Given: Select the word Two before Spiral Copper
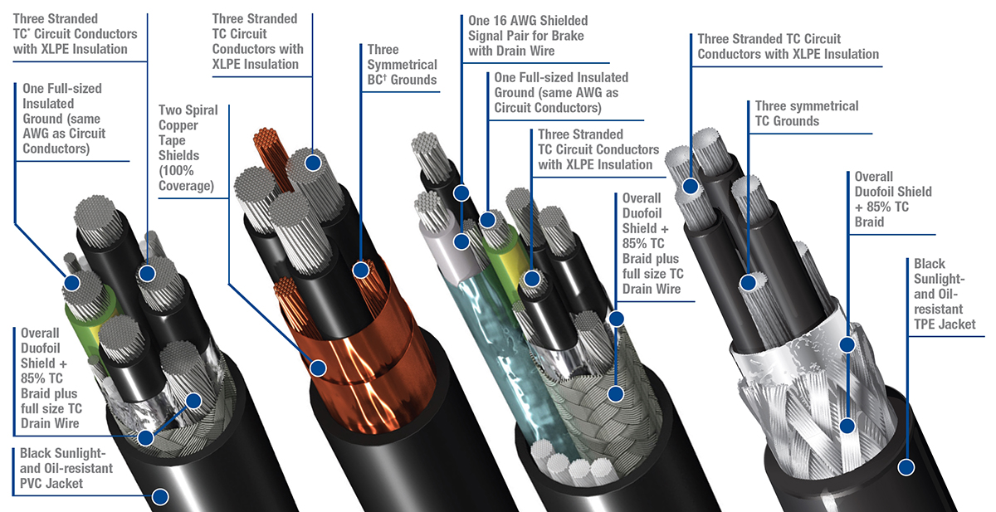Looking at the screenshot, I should [x=172, y=110].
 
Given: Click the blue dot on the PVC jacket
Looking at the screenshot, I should [x=159, y=496].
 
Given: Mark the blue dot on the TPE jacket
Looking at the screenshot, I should [x=906, y=468].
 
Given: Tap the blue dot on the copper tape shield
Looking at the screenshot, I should [x=318, y=366].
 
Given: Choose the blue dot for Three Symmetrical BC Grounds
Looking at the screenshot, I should [x=361, y=269].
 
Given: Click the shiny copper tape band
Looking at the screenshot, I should [x=365, y=373].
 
